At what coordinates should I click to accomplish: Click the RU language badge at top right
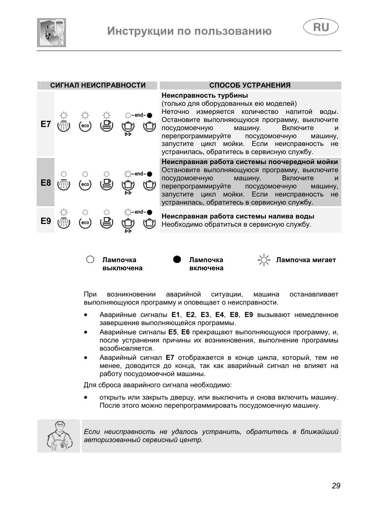321,27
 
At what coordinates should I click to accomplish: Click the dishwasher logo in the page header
51,33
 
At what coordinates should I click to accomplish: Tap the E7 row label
46,124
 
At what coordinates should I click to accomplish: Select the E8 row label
46,183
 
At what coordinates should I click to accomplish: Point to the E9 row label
46,221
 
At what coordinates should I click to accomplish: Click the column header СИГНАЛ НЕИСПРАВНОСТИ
98,85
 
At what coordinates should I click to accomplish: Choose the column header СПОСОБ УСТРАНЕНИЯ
250,85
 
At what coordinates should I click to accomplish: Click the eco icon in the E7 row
85,126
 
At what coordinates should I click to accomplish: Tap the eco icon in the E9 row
85,222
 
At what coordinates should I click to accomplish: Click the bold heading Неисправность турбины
204,95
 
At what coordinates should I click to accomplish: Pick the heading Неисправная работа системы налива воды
238,216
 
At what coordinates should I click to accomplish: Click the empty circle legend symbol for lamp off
90,259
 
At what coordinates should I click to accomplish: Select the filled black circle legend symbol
177,259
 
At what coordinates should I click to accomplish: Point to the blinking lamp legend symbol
264,261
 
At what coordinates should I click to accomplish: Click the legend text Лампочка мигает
306,260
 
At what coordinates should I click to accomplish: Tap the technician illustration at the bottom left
59,436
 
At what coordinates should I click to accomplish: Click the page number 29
336,486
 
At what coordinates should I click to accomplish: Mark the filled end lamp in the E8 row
150,174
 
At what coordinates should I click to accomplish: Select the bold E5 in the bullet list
172,332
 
